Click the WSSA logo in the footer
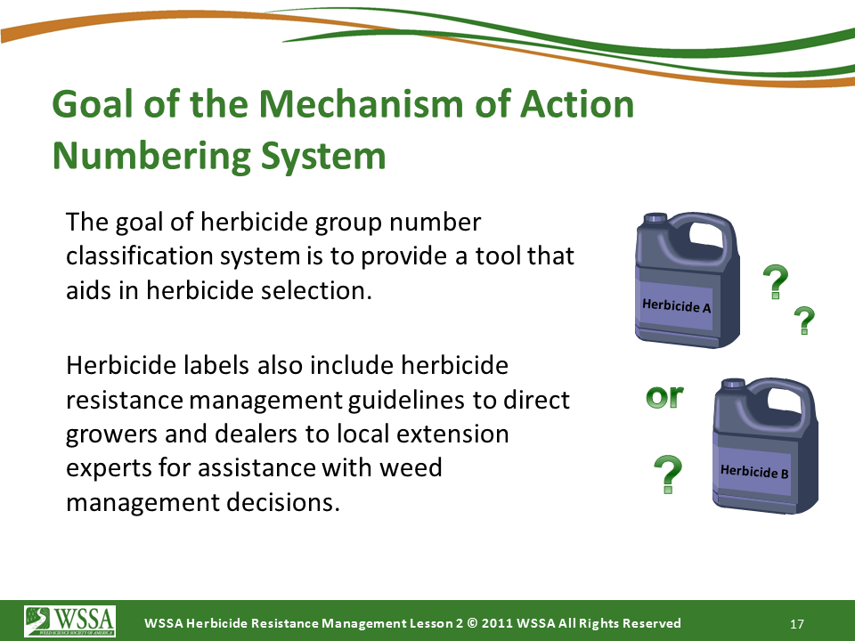coord(69,621)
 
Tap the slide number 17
coord(796,624)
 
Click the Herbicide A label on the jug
coord(677,305)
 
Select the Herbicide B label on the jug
coord(754,472)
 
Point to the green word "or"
coord(664,396)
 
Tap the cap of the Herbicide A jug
coord(656,218)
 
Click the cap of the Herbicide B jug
coord(733,384)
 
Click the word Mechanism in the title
coord(361,103)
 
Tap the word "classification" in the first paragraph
coord(139,256)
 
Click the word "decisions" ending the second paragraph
coord(283,502)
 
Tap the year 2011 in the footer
coord(497,623)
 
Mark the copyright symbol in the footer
coord(472,623)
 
